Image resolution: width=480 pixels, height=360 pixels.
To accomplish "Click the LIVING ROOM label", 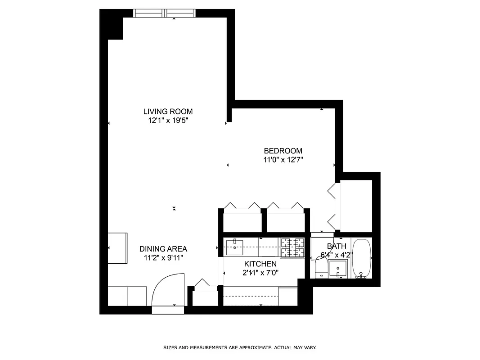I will pyautogui.click(x=168, y=112).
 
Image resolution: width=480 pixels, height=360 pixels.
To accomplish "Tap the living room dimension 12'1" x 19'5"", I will pyautogui.click(x=168, y=121).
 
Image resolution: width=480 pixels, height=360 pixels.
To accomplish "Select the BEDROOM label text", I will pyautogui.click(x=283, y=151).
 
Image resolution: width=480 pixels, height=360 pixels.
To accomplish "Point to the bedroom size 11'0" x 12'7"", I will pyautogui.click(x=283, y=160).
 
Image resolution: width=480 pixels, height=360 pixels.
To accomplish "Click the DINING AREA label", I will pyautogui.click(x=163, y=249).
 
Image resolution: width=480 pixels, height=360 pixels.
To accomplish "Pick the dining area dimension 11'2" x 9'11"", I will pyautogui.click(x=163, y=258).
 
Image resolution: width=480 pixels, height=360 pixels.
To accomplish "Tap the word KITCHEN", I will pyautogui.click(x=260, y=264).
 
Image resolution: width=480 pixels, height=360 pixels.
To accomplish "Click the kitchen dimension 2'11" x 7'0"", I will pyautogui.click(x=260, y=273).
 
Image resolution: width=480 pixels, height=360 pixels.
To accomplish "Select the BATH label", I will pyautogui.click(x=336, y=246).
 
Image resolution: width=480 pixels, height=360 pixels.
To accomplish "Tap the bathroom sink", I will pyautogui.click(x=338, y=270).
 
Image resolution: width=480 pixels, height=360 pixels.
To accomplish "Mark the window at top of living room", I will pyautogui.click(x=165, y=13).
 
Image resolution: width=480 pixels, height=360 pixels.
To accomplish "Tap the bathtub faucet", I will pyautogui.click(x=360, y=275).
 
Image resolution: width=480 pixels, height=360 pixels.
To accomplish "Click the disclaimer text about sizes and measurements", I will pyautogui.click(x=239, y=348).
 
